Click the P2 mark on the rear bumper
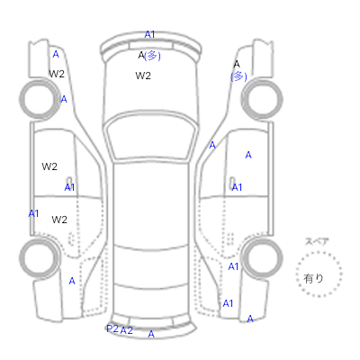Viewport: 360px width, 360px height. coord(112,328)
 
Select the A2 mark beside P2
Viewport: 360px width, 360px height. coord(126,330)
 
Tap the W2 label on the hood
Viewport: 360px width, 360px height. coord(143,76)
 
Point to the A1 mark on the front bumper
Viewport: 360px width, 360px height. coord(149,35)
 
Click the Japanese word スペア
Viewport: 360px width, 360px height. coord(317,241)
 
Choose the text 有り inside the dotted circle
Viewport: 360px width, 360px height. coord(313,279)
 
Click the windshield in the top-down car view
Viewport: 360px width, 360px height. coord(152,138)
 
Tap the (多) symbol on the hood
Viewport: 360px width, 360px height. coord(152,56)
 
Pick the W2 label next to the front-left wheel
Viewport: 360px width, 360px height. coord(57,74)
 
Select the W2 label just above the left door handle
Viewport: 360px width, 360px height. coord(49,166)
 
